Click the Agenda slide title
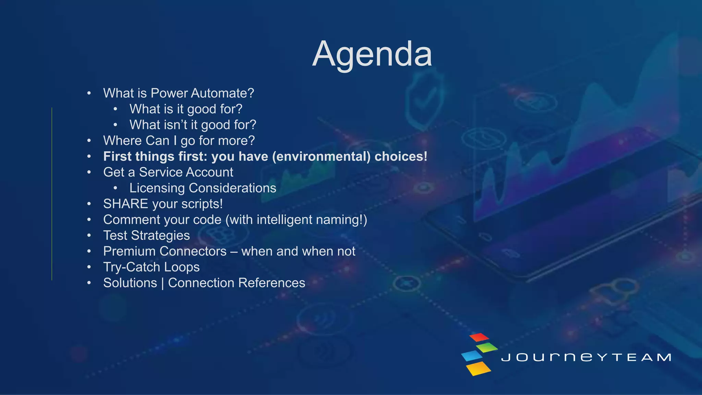[372, 54]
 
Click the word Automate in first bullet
[222, 93]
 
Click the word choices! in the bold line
[401, 157]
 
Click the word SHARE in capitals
[125, 204]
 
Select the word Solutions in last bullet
[130, 283]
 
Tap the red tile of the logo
[479, 337]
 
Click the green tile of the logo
[487, 347]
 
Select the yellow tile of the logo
[479, 368]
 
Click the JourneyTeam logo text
[586, 357]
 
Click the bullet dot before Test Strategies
[89, 236]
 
